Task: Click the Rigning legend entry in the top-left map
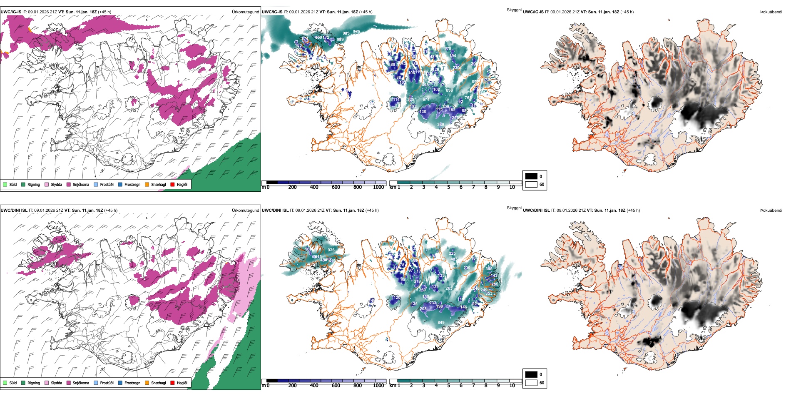click(x=34, y=184)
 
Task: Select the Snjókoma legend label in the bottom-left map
click(x=81, y=383)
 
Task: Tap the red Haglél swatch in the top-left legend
click(x=172, y=184)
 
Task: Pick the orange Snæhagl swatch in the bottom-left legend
click(x=147, y=383)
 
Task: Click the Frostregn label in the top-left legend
click(x=132, y=184)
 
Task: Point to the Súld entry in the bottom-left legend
click(x=13, y=383)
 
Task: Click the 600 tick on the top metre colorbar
click(x=336, y=187)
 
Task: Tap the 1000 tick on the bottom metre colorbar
click(x=378, y=386)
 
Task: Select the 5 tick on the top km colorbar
click(x=448, y=187)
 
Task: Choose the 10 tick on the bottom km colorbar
click(x=512, y=386)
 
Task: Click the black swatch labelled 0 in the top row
click(x=531, y=176)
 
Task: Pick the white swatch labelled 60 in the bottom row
click(x=531, y=383)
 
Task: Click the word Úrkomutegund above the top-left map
click(x=245, y=12)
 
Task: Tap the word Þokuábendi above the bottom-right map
click(x=771, y=211)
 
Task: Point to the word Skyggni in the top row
click(x=514, y=10)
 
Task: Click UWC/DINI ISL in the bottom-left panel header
click(x=14, y=211)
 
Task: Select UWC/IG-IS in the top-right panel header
click(x=533, y=12)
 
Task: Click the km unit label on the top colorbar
click(x=393, y=187)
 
